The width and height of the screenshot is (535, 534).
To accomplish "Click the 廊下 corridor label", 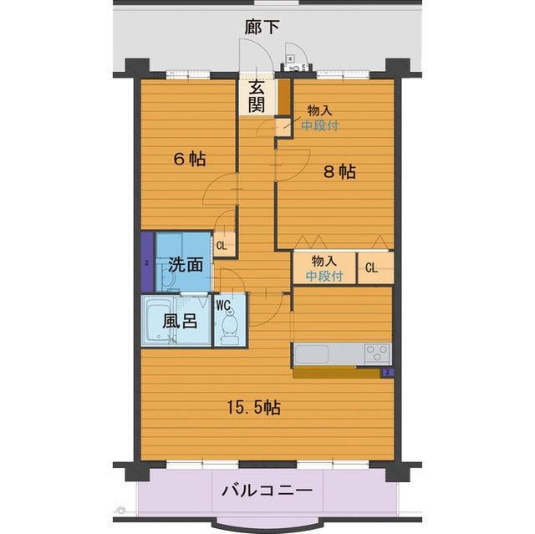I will coord(262,28).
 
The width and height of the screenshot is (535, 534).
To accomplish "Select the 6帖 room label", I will coord(190,160).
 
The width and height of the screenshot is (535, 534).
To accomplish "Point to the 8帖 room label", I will coord(339,172).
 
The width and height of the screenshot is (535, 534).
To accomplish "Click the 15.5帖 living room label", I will coord(254,408).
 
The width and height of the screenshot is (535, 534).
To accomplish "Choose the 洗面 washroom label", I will coord(186,265).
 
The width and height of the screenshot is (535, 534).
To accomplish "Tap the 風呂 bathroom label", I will coord(180,321).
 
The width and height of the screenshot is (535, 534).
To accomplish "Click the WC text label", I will coord(223,305).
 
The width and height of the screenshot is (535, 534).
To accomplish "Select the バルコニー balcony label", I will coord(267,490).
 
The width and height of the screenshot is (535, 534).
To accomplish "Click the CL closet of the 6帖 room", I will coord(222,246).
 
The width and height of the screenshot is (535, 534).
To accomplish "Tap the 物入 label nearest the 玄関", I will coord(318,110).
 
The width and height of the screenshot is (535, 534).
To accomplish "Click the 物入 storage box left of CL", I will coord(324,267).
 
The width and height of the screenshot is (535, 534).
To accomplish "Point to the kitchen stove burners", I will coord(376,353).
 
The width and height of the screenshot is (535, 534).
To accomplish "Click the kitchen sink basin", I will coord(317,353).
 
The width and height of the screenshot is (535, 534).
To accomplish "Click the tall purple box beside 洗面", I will coord(146,262).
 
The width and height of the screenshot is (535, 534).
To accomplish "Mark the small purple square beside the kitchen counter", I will coord(387,372).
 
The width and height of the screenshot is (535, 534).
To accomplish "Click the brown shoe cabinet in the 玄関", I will coord(283,96).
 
